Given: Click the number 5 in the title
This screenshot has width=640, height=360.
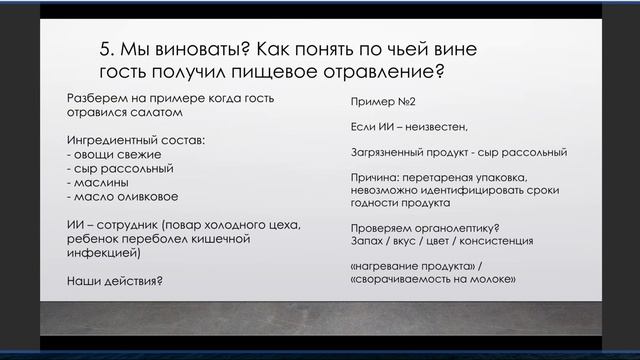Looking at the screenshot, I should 106,52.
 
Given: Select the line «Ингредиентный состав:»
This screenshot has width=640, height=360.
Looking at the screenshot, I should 133,141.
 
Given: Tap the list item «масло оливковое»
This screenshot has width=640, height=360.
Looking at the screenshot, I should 118,197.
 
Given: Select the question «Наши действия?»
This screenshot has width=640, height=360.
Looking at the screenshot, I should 114,281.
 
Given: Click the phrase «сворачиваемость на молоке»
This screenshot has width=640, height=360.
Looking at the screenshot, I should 436,278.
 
